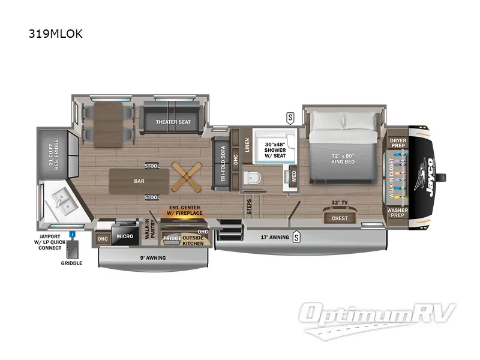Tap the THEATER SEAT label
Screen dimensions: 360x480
point(173,122)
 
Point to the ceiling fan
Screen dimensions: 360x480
point(184,177)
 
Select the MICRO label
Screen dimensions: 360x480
point(125,236)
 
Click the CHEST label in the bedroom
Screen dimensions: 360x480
point(340,218)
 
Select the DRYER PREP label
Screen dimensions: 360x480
point(398,143)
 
